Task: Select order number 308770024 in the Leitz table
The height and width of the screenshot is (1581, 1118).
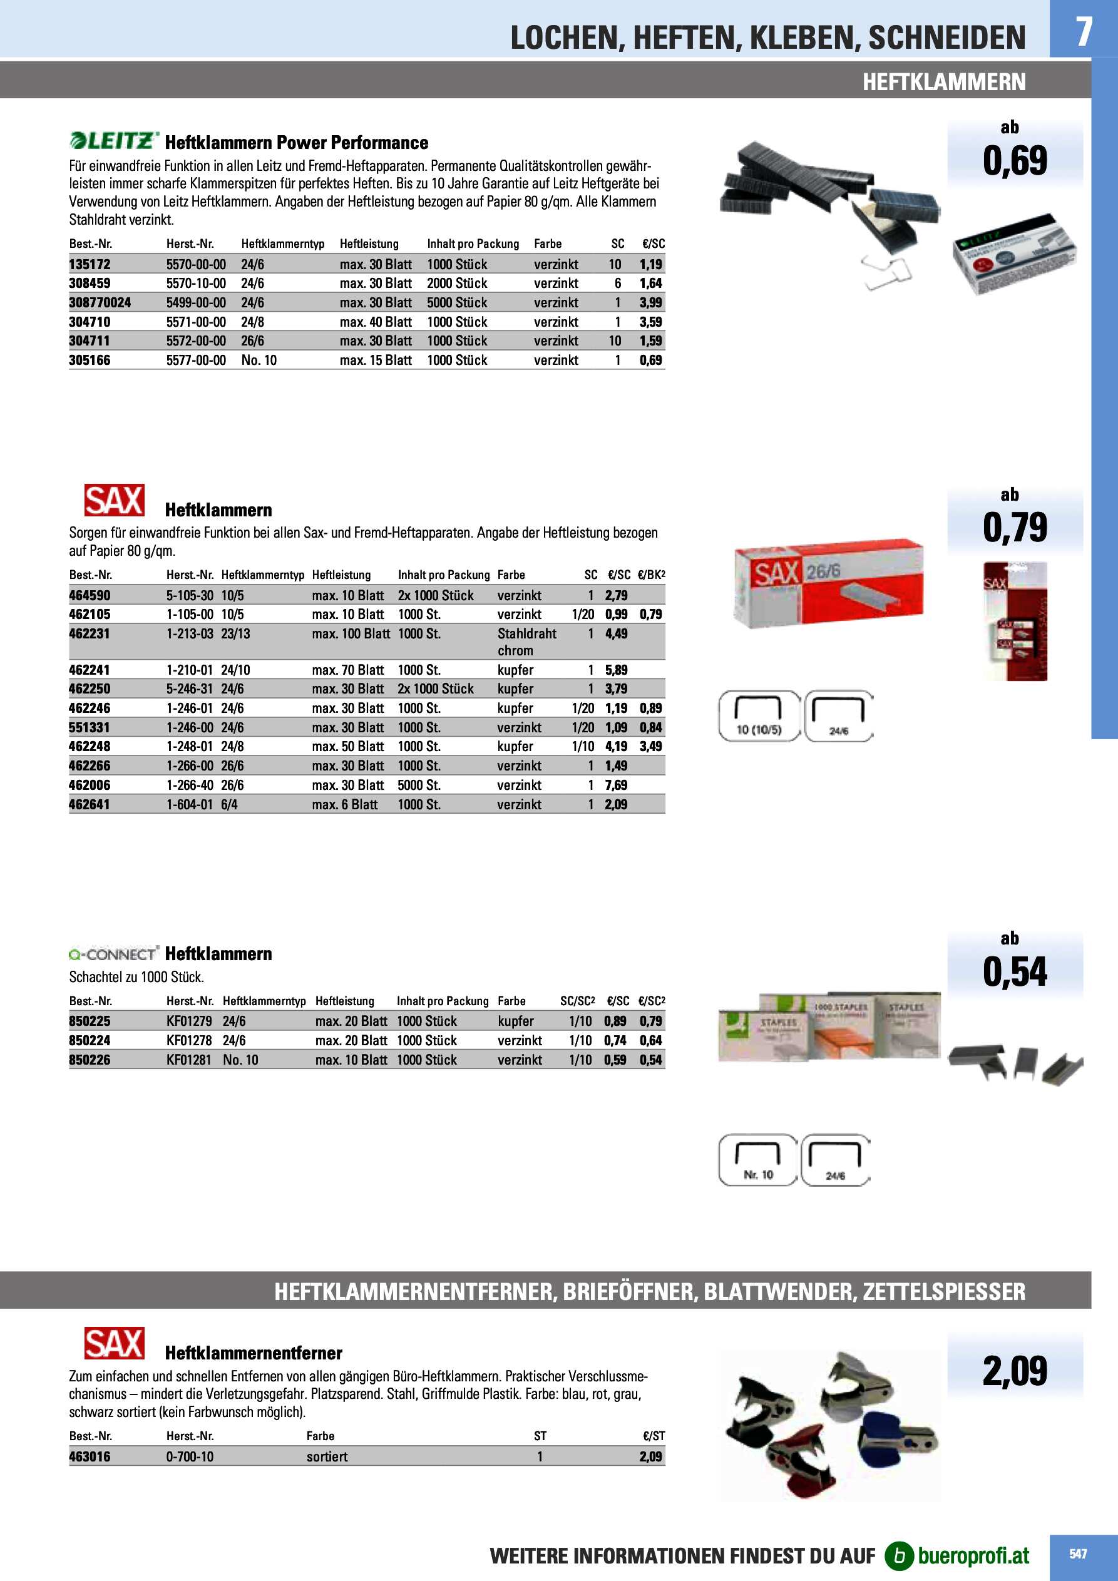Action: (x=100, y=302)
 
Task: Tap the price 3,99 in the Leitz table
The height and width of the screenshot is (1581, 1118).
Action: (x=650, y=302)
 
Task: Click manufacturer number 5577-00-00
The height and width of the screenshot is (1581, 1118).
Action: (x=196, y=360)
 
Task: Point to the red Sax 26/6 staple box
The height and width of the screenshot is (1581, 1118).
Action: (x=829, y=582)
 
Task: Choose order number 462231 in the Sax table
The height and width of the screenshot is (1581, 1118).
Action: (x=90, y=633)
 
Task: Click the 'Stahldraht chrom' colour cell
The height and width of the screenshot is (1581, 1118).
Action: (x=526, y=642)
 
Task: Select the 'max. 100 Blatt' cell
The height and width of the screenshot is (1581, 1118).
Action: (x=351, y=633)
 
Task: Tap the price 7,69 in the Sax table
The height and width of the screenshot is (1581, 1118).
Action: (x=616, y=785)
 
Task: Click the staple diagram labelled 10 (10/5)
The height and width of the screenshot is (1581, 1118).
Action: (x=759, y=716)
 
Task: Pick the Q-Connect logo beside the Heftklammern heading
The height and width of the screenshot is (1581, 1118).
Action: (x=114, y=954)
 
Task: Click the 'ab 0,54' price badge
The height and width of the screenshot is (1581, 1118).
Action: (x=1015, y=964)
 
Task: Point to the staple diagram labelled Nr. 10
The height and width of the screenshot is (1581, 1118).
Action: (x=757, y=1160)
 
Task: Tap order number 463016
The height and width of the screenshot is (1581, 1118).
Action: (x=90, y=1456)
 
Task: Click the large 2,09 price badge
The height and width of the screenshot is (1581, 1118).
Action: (x=1015, y=1370)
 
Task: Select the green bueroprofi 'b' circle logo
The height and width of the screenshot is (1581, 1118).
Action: (x=899, y=1555)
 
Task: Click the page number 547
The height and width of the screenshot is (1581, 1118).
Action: (x=1078, y=1553)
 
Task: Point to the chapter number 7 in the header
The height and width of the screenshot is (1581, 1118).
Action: (x=1084, y=31)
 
